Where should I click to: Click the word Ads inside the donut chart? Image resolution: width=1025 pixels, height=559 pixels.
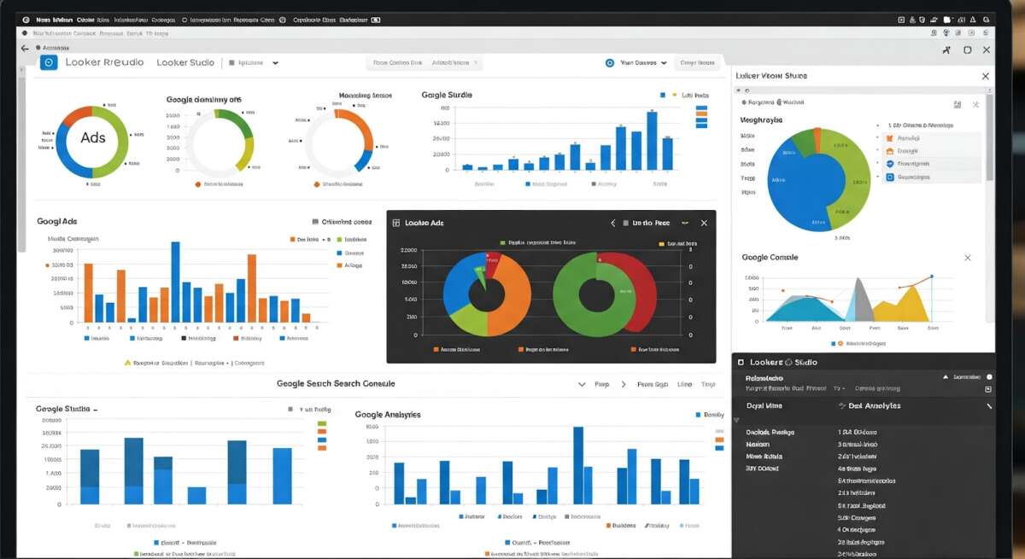(x=92, y=137)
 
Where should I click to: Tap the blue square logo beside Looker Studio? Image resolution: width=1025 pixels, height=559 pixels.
(x=49, y=62)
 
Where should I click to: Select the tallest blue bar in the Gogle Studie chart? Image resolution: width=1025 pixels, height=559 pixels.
(x=651, y=141)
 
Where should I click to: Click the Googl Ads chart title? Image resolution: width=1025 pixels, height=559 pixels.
(x=56, y=221)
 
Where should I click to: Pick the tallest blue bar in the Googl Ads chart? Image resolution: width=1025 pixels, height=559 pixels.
(x=175, y=282)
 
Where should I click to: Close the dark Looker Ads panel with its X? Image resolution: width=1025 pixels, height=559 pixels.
(x=704, y=223)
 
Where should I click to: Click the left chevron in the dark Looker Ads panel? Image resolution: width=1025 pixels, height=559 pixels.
(x=612, y=223)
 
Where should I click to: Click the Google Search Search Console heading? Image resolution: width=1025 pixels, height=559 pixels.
(x=335, y=384)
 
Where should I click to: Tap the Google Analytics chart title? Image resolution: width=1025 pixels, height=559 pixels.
(x=387, y=414)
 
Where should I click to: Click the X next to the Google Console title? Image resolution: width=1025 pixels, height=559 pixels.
(x=967, y=258)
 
